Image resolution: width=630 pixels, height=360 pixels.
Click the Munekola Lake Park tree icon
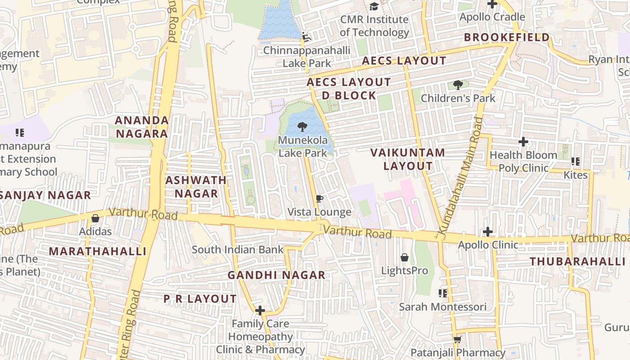click(302, 127)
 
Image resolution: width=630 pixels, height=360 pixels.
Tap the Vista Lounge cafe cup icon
click(319, 199)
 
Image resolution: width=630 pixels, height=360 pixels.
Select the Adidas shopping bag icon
click(95, 218)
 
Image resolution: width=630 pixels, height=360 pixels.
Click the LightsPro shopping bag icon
click(405, 257)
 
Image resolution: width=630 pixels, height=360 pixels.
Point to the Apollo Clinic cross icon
click(488, 232)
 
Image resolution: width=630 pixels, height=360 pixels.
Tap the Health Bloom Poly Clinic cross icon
click(523, 142)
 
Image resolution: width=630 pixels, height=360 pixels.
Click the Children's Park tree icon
click(458, 85)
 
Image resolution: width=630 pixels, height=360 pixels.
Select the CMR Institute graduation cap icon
click(374, 6)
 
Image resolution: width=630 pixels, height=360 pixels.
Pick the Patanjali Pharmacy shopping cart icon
click(458, 339)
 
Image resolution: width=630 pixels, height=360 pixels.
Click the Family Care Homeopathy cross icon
click(260, 310)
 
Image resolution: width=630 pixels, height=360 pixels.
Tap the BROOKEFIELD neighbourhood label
click(507, 37)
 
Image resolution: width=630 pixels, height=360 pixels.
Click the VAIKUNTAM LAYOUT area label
click(408, 159)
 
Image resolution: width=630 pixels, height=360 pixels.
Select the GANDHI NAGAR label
click(276, 275)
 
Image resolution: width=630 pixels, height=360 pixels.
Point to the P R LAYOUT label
click(200, 299)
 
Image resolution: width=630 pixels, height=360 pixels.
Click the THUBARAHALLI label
click(577, 261)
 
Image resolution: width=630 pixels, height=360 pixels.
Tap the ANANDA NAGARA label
click(142, 127)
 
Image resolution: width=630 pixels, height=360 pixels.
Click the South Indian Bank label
click(238, 250)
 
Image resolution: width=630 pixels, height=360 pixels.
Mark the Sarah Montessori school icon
click(443, 293)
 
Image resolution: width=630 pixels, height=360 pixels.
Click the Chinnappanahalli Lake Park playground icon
click(306, 37)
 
